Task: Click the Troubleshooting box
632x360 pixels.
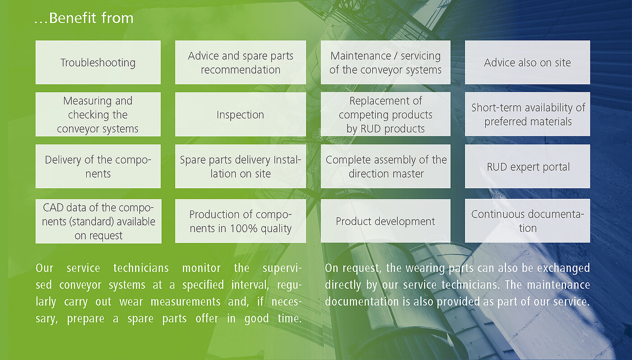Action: coord(98,62)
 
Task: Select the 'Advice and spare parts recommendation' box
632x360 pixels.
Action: coord(240,62)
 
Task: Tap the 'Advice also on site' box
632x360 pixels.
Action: coord(527,62)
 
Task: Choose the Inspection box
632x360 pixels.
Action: coord(240,114)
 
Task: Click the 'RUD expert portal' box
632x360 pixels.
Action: coord(527,166)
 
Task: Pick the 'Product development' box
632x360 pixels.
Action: coord(386,221)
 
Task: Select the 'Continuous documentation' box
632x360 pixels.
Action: coord(527,221)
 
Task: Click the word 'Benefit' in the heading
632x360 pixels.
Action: coord(73,18)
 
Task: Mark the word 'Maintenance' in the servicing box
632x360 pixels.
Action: coord(361,56)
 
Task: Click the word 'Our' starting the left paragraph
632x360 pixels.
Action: coord(44,268)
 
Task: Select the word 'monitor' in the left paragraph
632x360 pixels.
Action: coord(201,268)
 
